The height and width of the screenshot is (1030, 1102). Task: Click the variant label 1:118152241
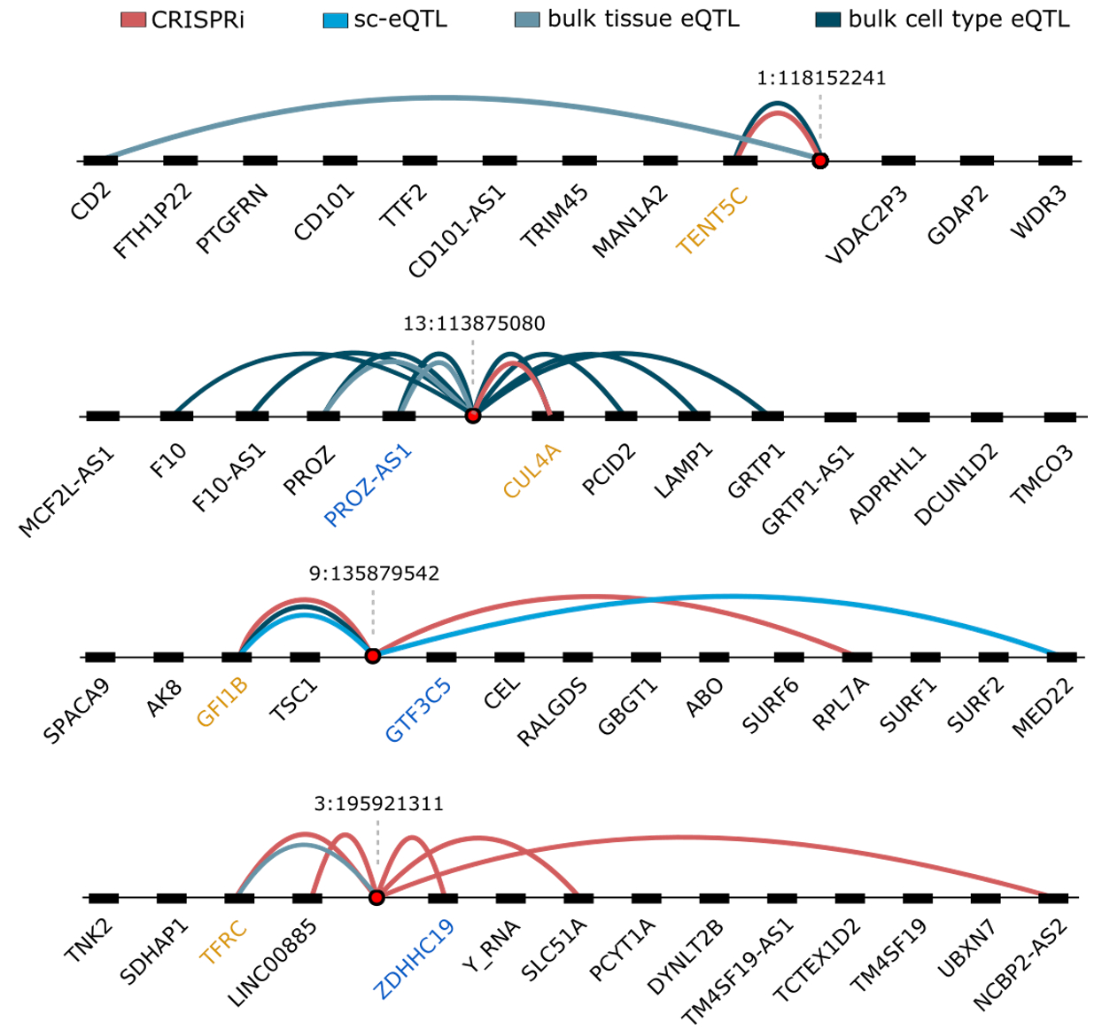[x=821, y=78]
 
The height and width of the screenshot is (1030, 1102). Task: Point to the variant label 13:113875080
[x=474, y=324]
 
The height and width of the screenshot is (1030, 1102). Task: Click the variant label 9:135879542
[x=374, y=574]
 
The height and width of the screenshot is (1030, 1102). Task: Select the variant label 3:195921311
[x=378, y=804]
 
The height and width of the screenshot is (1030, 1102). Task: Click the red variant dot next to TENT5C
[x=820, y=160]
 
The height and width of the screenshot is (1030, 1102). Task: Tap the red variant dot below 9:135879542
[x=373, y=656]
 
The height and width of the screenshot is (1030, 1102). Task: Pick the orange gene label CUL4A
[x=532, y=472]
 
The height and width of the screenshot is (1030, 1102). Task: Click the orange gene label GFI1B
[x=221, y=701]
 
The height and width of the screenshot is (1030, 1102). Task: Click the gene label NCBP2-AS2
[x=1021, y=964]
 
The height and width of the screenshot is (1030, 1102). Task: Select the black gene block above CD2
[x=101, y=160]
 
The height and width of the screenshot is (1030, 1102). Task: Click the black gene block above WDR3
[x=1055, y=160]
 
